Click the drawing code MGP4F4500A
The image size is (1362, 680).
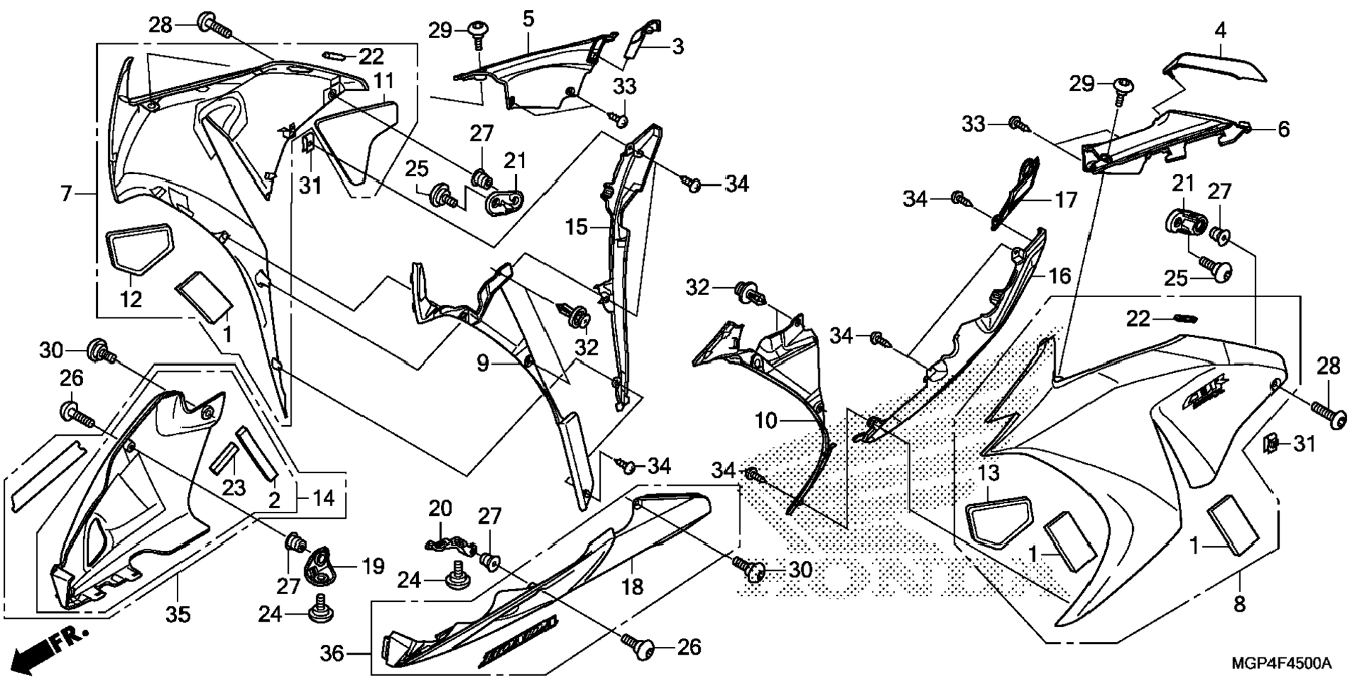[1282, 663]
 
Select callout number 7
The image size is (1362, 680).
[66, 193]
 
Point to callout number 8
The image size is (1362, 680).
[1239, 603]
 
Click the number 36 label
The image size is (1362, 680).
[332, 654]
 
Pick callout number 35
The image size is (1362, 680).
[177, 615]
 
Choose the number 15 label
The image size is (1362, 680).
[576, 227]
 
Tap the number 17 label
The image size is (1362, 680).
[1066, 201]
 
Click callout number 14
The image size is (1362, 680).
[323, 498]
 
